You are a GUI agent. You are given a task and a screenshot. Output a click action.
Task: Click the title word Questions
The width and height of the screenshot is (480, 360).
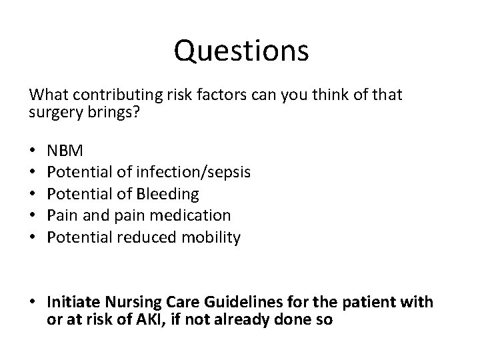point(241,50)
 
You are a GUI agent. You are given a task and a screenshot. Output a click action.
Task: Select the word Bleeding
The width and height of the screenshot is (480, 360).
point(167,194)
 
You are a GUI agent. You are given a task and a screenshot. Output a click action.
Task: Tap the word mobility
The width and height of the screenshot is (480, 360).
point(211,237)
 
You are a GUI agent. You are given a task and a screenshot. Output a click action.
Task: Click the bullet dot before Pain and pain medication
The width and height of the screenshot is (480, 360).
point(33,216)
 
